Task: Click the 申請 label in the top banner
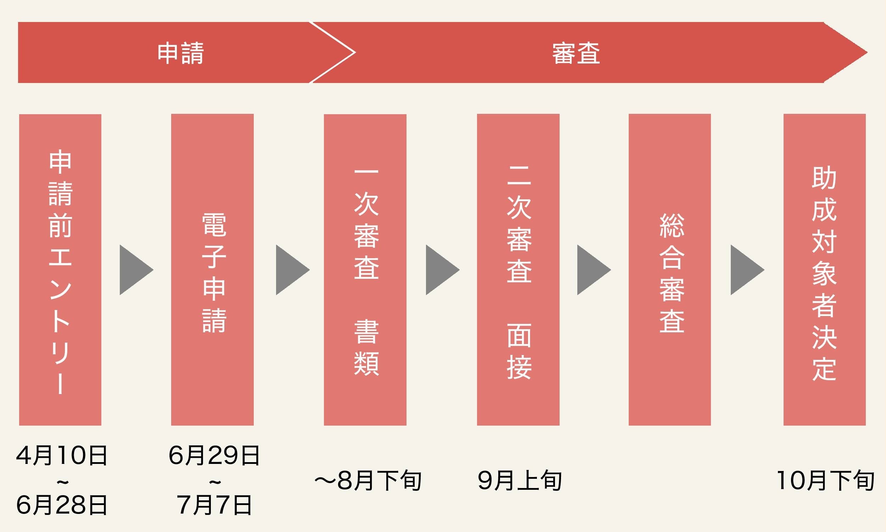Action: pyautogui.click(x=180, y=54)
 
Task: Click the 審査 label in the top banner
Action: pyautogui.click(x=576, y=54)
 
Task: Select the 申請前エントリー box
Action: pyautogui.click(x=60, y=270)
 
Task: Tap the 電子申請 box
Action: pyautogui.click(x=212, y=270)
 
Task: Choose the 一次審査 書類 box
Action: pyautogui.click(x=365, y=270)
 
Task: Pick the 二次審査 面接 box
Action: pyautogui.click(x=518, y=270)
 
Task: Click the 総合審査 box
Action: pyautogui.click(x=670, y=270)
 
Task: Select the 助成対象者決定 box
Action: pyautogui.click(x=824, y=270)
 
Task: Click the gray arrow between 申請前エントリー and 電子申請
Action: pyautogui.click(x=135, y=270)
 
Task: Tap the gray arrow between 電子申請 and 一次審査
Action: pyautogui.click(x=291, y=270)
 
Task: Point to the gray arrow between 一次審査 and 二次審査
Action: pyautogui.click(x=441, y=270)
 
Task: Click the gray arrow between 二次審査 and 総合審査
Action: pyautogui.click(x=592, y=270)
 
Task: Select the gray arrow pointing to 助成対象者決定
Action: pyautogui.click(x=746, y=270)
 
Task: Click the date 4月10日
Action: pyautogui.click(x=62, y=456)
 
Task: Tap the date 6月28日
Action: pyautogui.click(x=62, y=505)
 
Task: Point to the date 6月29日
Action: pyautogui.click(x=214, y=456)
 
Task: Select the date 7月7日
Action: pyautogui.click(x=214, y=505)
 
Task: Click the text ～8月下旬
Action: pyautogui.click(x=368, y=481)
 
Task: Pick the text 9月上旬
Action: pyautogui.click(x=520, y=481)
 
